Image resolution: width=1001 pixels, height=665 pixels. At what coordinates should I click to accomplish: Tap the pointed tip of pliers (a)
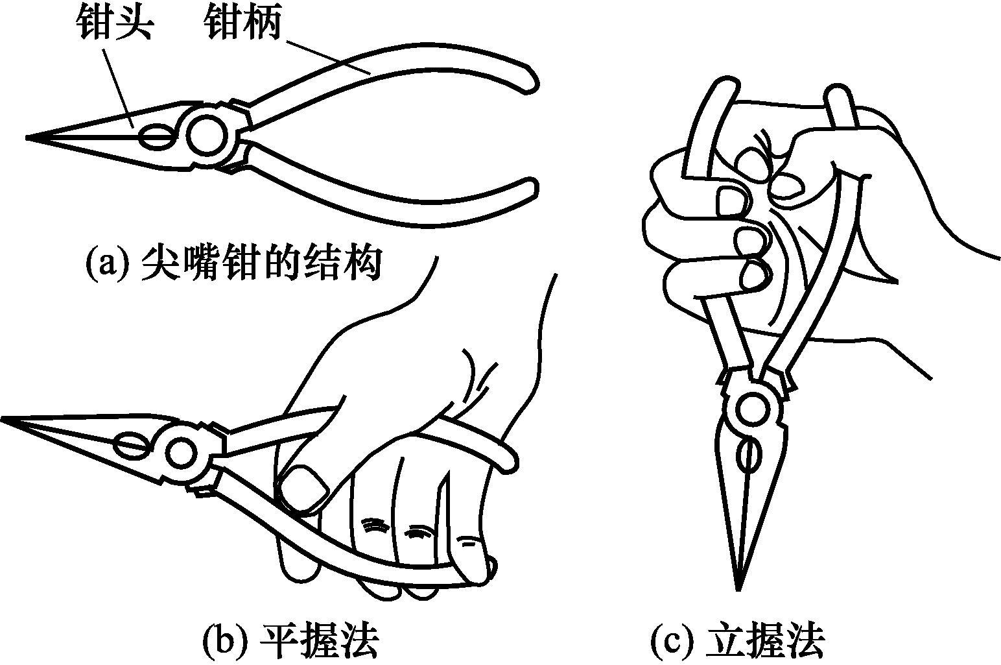point(29,138)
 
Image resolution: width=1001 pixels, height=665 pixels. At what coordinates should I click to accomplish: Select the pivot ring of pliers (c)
point(753,409)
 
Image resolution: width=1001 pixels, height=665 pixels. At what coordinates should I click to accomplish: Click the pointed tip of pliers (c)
point(738,587)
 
